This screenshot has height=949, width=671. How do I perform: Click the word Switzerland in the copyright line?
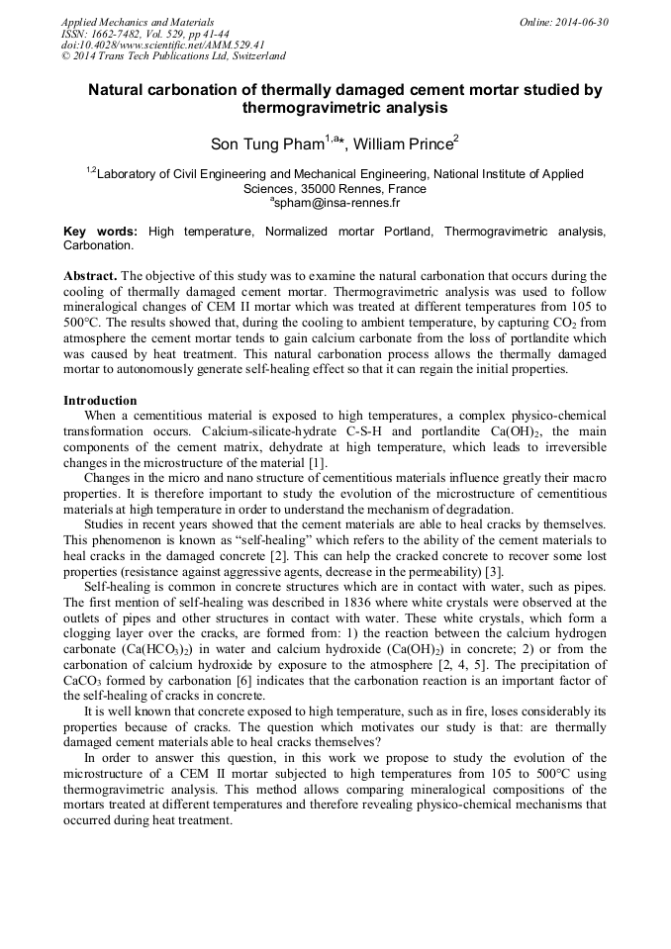(x=256, y=56)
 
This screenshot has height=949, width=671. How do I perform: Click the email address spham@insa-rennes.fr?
(x=336, y=203)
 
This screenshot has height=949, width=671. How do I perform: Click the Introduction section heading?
(x=100, y=401)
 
